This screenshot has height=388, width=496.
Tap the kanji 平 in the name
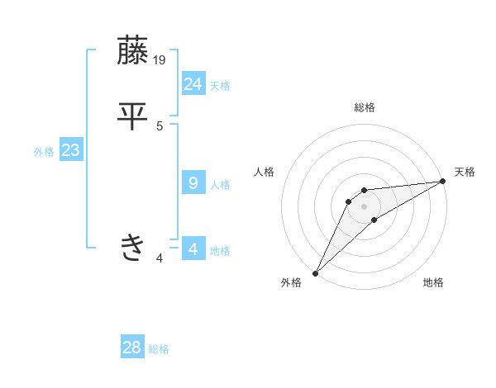point(132,116)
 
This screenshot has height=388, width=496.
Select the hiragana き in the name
point(132,247)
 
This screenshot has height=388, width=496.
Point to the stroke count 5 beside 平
point(160,126)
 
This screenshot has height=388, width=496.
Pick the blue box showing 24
point(193,83)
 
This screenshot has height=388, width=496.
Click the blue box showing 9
point(193,182)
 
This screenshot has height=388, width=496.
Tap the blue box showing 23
point(71,151)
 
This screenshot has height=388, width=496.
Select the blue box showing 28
point(132,348)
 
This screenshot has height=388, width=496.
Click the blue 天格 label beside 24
point(220,86)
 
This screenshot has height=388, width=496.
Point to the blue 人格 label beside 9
point(220,185)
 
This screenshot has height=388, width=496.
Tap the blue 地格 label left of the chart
point(220,251)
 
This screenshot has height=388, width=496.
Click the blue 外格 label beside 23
point(44,153)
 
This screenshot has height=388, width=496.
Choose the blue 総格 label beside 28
point(159,350)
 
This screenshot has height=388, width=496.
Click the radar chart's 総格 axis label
point(365,107)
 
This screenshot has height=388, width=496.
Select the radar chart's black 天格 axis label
point(465,172)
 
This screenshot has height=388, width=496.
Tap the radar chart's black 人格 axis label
point(265,172)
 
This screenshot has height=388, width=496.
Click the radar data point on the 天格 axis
point(443,181)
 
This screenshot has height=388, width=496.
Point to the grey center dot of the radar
point(365,206)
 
